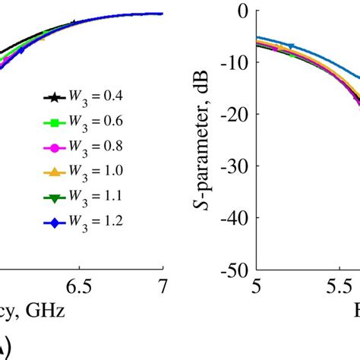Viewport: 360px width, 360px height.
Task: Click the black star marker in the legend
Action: click(x=52, y=97)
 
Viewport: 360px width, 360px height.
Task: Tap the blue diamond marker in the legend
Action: click(x=52, y=221)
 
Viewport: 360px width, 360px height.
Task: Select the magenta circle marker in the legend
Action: click(x=52, y=147)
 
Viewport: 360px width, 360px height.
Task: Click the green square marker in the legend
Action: click(x=52, y=122)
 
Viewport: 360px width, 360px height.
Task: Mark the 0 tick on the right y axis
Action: click(x=243, y=11)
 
